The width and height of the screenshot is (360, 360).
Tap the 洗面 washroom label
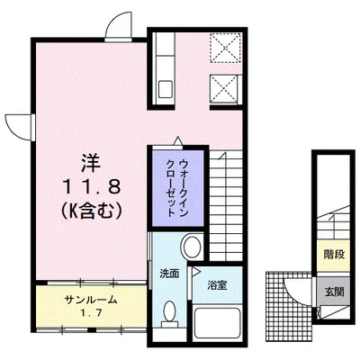(x=169, y=272)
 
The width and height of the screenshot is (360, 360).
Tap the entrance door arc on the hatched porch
(x=296, y=288)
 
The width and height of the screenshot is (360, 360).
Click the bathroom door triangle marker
(x=192, y=281)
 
